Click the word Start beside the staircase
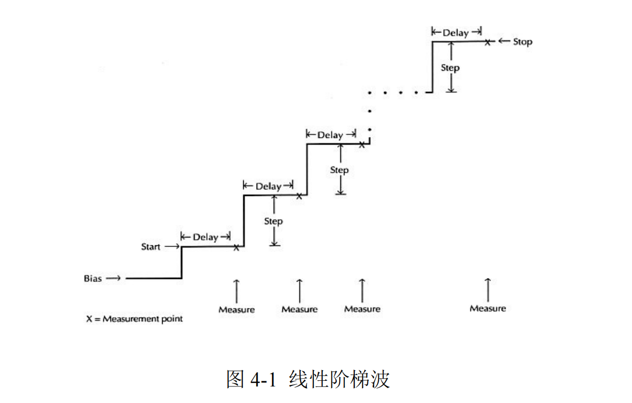click(151, 247)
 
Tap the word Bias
click(93, 278)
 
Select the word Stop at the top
click(522, 42)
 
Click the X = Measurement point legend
click(134, 319)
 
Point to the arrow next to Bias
click(114, 278)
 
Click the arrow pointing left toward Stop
click(503, 41)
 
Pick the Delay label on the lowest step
click(206, 237)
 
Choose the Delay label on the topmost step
click(455, 33)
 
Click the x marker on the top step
click(487, 42)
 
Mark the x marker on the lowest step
click(236, 248)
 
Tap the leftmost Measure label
click(236, 310)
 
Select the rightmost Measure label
click(487, 309)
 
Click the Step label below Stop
click(450, 68)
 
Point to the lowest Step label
click(273, 221)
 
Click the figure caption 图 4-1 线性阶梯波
click(308, 379)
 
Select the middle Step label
click(339, 170)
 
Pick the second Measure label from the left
click(299, 309)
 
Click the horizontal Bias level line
click(153, 278)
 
